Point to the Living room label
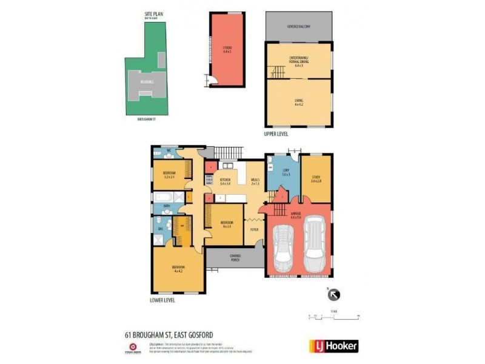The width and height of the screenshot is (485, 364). [299, 102]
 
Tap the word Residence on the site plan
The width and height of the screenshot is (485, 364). [147, 81]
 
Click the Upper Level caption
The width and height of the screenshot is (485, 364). [276, 133]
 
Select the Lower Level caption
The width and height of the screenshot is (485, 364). [162, 300]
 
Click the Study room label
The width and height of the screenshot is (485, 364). [316, 179]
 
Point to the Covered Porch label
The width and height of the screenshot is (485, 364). [234, 258]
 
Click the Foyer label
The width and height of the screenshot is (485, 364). [254, 229]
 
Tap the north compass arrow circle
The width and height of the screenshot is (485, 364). [334, 295]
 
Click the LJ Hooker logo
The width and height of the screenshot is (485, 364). [334, 346]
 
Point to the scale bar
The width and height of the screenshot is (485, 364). [333, 316]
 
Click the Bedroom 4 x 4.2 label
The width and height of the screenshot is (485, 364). [178, 269]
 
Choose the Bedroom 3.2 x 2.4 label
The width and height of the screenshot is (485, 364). [169, 176]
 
